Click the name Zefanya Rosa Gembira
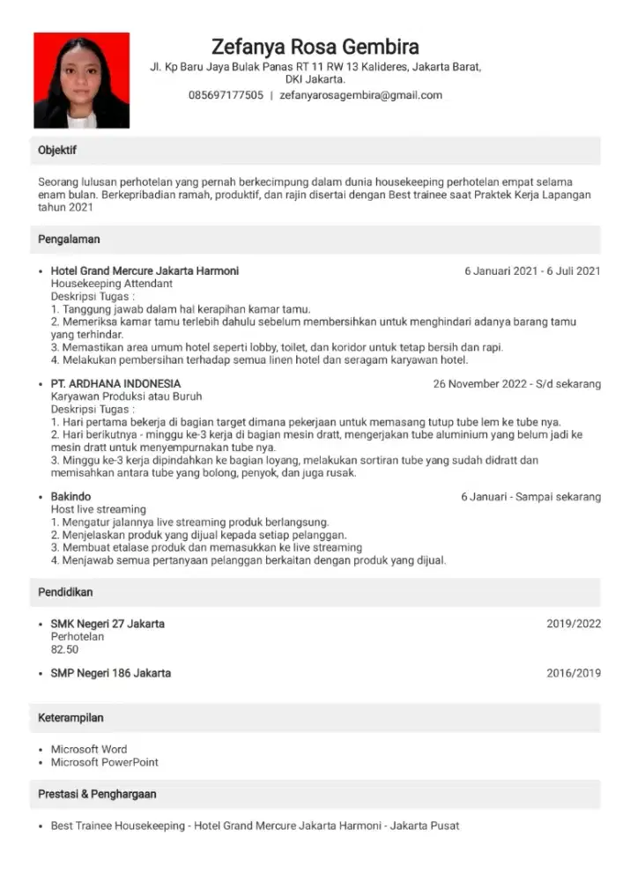coord(315,47)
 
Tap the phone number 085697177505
coord(226,95)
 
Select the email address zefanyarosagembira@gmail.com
coord(360,95)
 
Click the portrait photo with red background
coord(82,81)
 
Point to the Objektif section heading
coord(57,151)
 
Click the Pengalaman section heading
coord(69,240)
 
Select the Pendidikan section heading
coord(65,592)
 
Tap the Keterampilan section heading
coord(71,718)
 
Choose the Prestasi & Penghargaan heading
coord(97,794)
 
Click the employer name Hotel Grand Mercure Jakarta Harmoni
coord(145,270)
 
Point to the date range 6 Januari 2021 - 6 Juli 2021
coord(532,270)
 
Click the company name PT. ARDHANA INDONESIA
coord(115,384)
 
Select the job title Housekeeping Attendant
coord(112,284)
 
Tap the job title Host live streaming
coord(99,509)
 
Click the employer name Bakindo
coord(70,497)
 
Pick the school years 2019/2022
coord(574,624)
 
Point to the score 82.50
coord(65,649)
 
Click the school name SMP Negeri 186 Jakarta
coord(111,673)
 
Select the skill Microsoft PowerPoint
coord(105,762)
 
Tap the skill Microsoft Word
coord(89,750)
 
